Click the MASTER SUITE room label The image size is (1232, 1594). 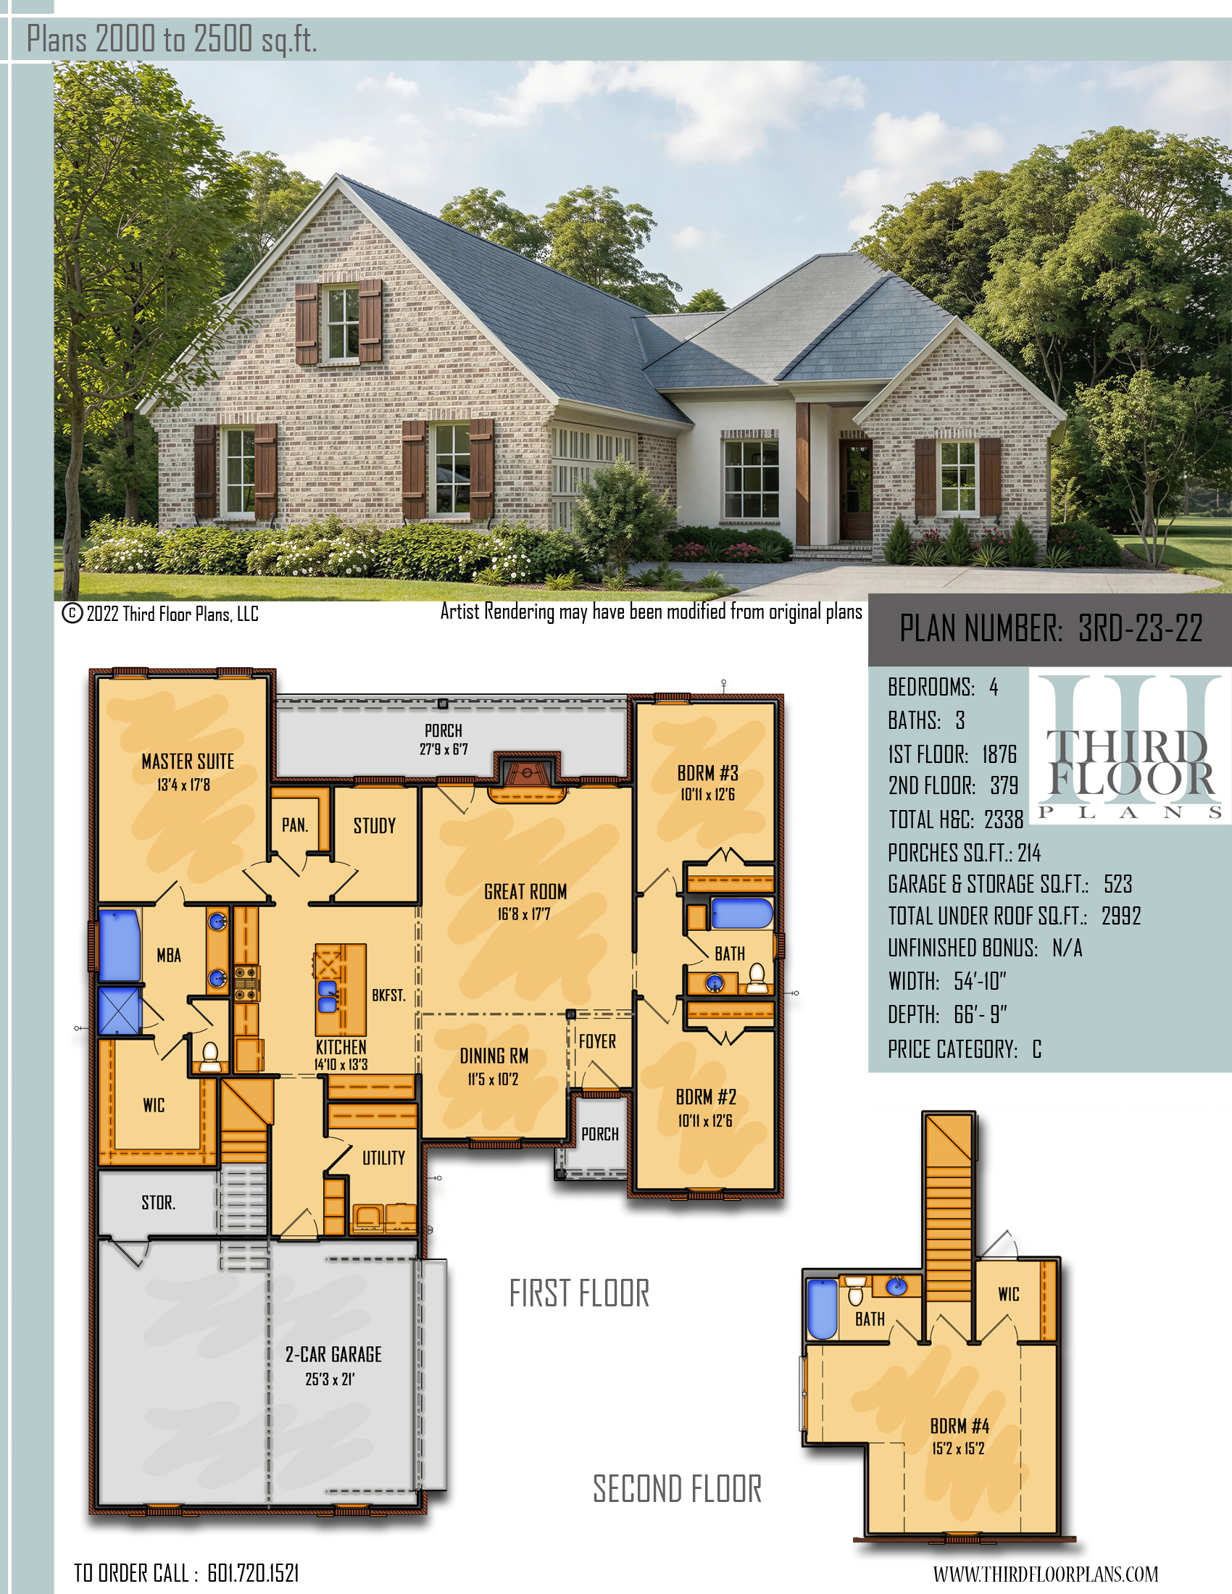(188, 761)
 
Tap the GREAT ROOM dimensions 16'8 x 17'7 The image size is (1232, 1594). (524, 914)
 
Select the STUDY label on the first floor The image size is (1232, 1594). (375, 825)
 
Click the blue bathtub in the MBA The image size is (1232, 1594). (120, 945)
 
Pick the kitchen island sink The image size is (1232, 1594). (328, 996)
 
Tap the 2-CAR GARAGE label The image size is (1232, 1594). (333, 1355)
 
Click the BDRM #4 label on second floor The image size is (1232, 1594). (959, 1425)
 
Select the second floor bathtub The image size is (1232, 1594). (822, 1309)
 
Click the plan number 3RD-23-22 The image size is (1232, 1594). (1140, 627)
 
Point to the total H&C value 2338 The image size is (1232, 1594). (1004, 819)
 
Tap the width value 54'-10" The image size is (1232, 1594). (981, 981)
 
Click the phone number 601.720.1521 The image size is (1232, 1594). (253, 1573)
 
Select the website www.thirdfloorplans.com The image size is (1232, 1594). (1045, 1574)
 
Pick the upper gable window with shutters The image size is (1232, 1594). (339, 322)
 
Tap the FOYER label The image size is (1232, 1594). (597, 1041)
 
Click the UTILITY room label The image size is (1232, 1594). (383, 1158)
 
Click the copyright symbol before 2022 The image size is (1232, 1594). (72, 613)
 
